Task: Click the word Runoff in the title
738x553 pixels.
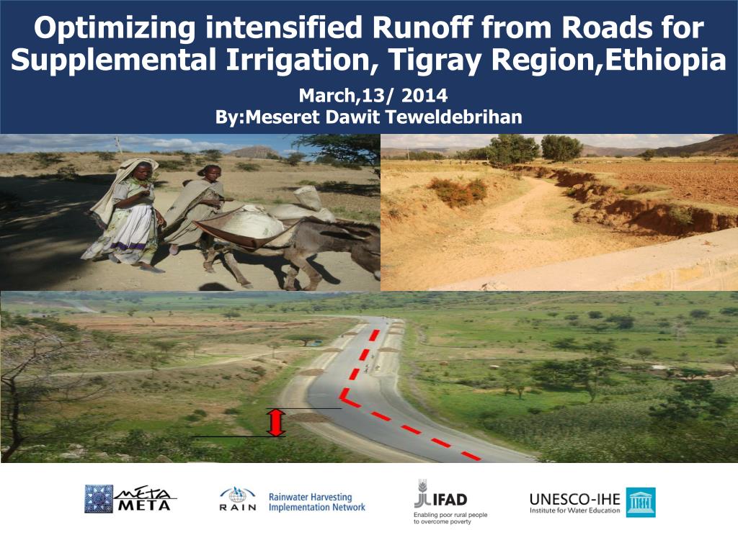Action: [422, 27]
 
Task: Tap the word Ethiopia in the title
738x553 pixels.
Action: [665, 60]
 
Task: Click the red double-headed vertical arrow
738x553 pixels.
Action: [276, 422]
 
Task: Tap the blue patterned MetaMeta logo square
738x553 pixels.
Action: [99, 499]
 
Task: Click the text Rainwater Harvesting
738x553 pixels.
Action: [310, 497]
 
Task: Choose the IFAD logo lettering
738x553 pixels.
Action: [450, 499]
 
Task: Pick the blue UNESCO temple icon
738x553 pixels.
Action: [640, 502]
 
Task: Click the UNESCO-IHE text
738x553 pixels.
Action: [574, 499]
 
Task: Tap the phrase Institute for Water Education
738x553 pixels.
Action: [574, 511]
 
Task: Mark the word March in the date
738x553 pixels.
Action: [326, 96]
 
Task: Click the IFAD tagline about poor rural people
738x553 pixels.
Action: [450, 518]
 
